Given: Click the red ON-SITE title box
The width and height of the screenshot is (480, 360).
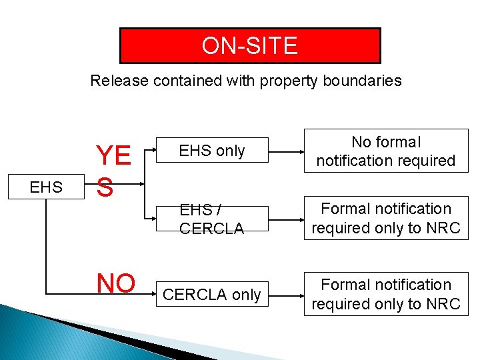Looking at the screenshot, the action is coord(249,45).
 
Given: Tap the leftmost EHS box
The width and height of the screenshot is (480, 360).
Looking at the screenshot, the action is coord(46,187).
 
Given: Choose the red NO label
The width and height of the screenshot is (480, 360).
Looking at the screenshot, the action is coord(116,283).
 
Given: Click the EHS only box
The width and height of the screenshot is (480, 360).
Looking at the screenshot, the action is coord(212,151).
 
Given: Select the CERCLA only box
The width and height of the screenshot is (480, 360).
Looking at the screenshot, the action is coord(212,294).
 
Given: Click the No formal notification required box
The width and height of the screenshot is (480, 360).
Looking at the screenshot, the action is coord(386,151).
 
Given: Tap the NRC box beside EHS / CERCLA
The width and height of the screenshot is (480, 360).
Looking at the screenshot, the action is coord(386,219).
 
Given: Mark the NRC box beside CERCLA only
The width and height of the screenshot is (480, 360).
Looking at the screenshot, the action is coord(386,294).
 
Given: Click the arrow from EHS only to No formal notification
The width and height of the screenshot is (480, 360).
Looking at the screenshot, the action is coord(286,151).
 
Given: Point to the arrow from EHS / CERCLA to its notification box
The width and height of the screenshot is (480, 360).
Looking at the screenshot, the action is coord(286,219).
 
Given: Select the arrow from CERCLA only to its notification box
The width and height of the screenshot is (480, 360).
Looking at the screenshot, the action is coord(286,294).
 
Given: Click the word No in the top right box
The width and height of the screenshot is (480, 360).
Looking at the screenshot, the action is coord(361,142).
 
